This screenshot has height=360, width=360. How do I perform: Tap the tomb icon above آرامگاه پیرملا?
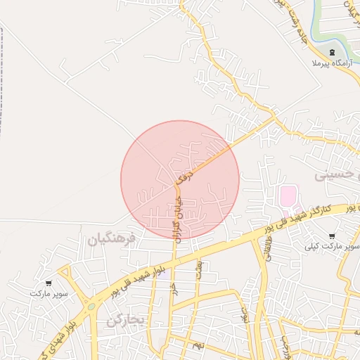tap(332, 53)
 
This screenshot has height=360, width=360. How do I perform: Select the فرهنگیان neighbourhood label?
tap(112, 240)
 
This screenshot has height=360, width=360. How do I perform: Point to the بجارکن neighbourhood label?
tap(126, 321)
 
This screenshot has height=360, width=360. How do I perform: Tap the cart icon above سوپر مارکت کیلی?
tap(332, 236)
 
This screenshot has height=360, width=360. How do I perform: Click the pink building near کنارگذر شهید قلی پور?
tap(288, 196)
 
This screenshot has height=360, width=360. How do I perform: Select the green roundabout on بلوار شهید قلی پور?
tap(91, 307)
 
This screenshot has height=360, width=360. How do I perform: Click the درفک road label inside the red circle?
tap(184, 176)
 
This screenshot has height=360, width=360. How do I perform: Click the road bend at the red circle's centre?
tap(178, 184)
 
